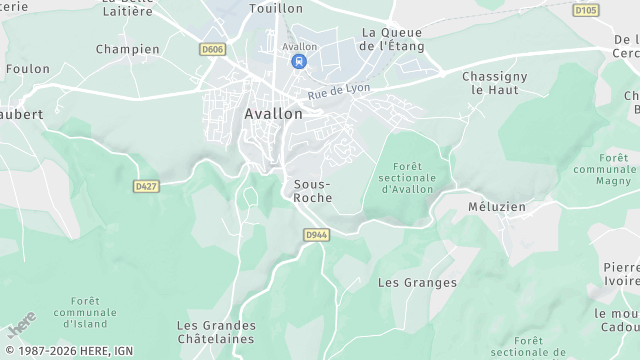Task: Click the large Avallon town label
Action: [273, 114]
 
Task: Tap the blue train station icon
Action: [299, 62]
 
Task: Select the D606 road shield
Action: [212, 49]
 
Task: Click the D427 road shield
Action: [146, 186]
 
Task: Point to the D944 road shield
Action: [316, 235]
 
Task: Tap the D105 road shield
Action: [585, 10]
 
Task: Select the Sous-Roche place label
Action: [313, 191]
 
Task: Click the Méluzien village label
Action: [497, 207]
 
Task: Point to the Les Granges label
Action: [417, 283]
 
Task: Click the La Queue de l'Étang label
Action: [392, 39]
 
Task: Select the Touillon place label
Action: [276, 8]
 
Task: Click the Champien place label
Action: [127, 49]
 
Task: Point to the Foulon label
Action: [27, 70]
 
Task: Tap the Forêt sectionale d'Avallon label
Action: [407, 177]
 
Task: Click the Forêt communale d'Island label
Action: [85, 312]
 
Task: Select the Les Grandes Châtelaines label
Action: [216, 333]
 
